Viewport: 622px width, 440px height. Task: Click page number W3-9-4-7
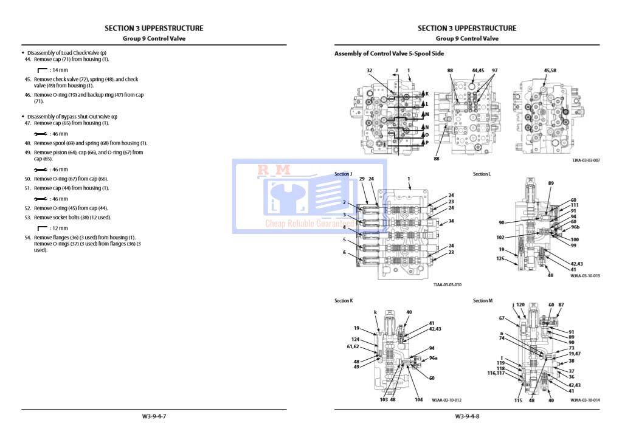click(x=154, y=416)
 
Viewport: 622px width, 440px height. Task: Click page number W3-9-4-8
click(x=467, y=416)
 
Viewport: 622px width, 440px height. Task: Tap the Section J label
click(x=343, y=174)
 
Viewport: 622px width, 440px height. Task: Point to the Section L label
click(x=482, y=174)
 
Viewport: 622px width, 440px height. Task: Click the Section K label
click(x=343, y=300)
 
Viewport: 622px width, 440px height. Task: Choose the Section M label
click(x=483, y=300)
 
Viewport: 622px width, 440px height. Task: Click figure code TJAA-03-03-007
click(x=586, y=160)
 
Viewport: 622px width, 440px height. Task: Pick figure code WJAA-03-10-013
click(x=585, y=275)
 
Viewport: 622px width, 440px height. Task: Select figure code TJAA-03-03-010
click(x=447, y=284)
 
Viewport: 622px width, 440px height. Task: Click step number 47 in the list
click(x=27, y=123)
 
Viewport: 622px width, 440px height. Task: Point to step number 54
click(x=27, y=237)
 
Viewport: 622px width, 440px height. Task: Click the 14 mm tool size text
click(x=59, y=70)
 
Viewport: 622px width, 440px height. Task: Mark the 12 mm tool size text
click(x=59, y=228)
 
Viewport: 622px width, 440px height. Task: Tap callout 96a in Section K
click(x=433, y=358)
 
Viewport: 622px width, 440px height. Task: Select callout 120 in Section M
click(x=520, y=304)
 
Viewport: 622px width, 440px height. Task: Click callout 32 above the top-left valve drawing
click(x=369, y=70)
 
